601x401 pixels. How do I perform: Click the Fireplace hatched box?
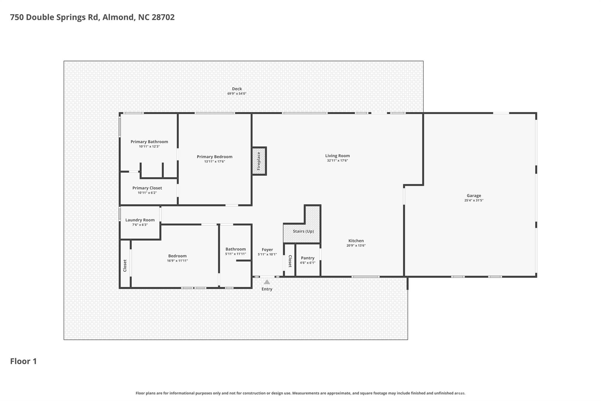pyautogui.click(x=259, y=161)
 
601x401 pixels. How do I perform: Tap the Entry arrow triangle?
pyautogui.click(x=267, y=282)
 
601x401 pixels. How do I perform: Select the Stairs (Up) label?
pyautogui.click(x=303, y=231)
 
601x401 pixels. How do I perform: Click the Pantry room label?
pyautogui.click(x=308, y=258)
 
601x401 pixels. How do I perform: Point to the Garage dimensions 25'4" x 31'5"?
pyautogui.click(x=474, y=200)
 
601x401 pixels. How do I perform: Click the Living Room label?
pyautogui.click(x=337, y=156)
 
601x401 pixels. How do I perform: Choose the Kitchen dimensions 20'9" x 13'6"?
pyautogui.click(x=356, y=246)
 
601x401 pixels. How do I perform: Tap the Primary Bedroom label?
pyautogui.click(x=215, y=157)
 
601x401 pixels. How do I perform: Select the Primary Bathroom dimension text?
pyautogui.click(x=149, y=146)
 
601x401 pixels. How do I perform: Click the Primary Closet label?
pyautogui.click(x=147, y=188)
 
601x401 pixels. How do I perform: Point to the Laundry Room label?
pyautogui.click(x=140, y=220)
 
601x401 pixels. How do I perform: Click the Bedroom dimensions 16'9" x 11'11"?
pyautogui.click(x=178, y=261)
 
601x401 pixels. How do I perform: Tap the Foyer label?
pyautogui.click(x=267, y=250)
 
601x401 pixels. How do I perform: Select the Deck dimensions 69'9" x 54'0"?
pyautogui.click(x=237, y=94)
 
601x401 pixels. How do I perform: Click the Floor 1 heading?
pyautogui.click(x=23, y=361)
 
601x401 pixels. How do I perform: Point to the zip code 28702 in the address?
pyautogui.click(x=163, y=17)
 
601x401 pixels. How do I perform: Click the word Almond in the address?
pyautogui.click(x=119, y=17)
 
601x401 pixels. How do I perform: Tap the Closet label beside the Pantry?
pyautogui.click(x=290, y=261)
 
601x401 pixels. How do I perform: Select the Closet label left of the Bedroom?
pyautogui.click(x=125, y=266)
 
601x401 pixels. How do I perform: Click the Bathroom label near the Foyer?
pyautogui.click(x=236, y=249)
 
